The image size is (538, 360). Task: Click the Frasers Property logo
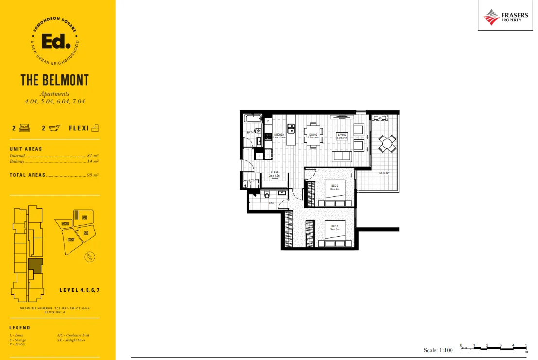pos(505,17)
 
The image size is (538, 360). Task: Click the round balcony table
pos(387,143)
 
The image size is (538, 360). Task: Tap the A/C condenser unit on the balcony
pos(379,118)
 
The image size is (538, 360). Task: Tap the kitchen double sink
pos(291,129)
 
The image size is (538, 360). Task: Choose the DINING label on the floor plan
pos(313,136)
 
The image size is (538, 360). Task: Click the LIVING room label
pos(342,136)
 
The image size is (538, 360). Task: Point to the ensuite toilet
pos(267,195)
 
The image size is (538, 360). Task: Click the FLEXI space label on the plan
pos(275,173)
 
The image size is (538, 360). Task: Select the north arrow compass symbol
pos(89,257)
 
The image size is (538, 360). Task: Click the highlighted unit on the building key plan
pos(35,265)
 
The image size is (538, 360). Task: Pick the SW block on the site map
pos(71,240)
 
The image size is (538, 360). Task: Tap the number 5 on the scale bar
pos(526,345)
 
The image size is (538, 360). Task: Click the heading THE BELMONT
pos(54,80)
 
